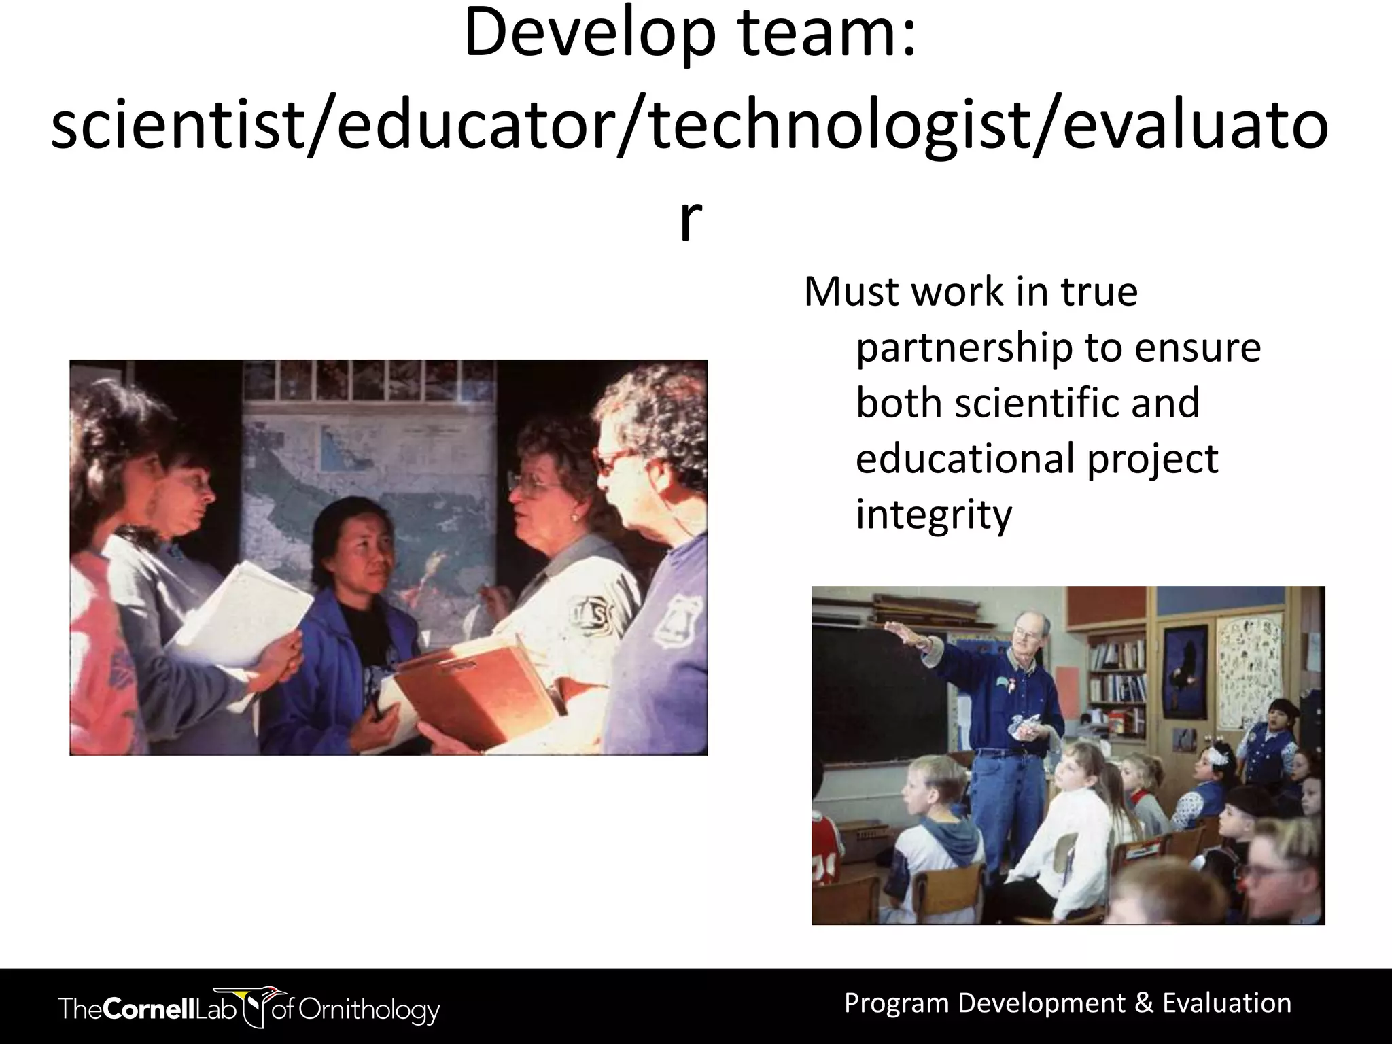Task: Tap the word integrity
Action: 933,515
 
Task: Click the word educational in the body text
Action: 964,459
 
